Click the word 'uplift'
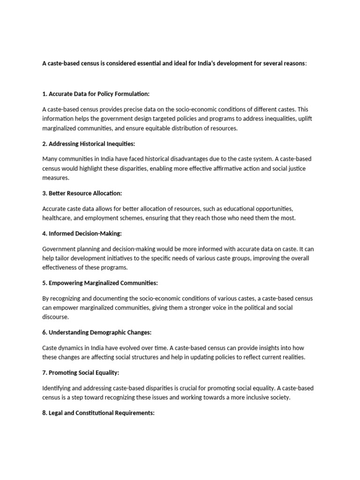point(304,119)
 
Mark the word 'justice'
point(296,168)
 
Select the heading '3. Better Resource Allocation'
point(82,193)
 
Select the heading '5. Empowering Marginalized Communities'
point(100,283)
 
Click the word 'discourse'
point(55,317)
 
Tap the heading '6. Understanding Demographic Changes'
point(97,332)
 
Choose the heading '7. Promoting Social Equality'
point(81,373)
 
